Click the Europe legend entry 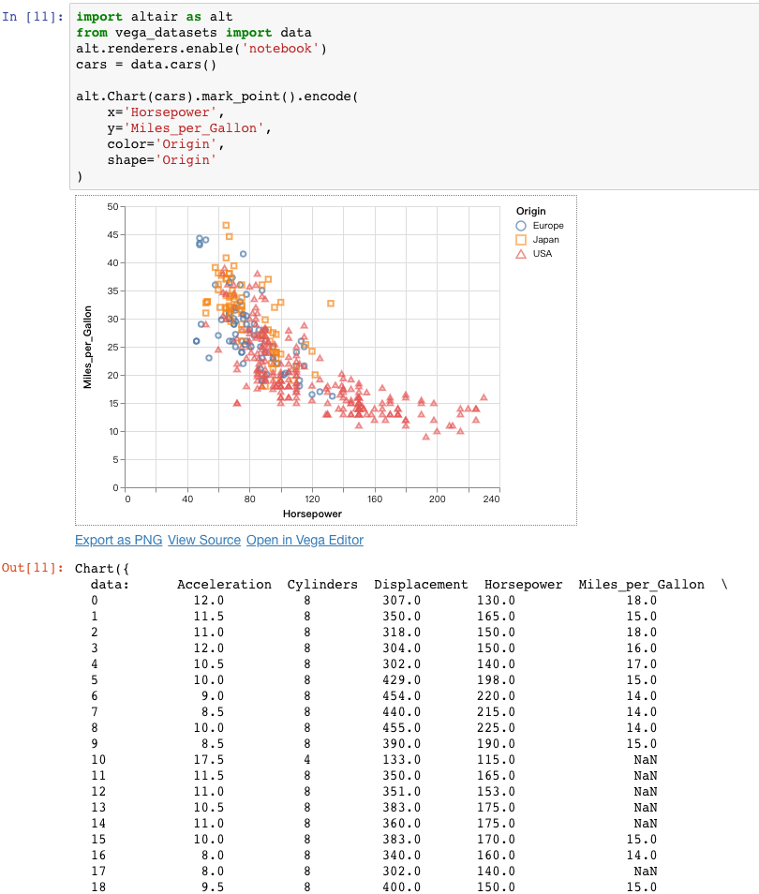(547, 226)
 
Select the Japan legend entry (545, 240)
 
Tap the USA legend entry (542, 254)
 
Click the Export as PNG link (118, 540)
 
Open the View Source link (204, 540)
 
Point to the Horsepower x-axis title (312, 514)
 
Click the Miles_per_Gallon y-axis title (87, 347)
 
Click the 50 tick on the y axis (113, 206)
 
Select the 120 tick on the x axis (312, 500)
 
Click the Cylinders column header (322, 585)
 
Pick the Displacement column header (421, 585)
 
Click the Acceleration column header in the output (224, 585)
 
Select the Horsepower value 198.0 (496, 679)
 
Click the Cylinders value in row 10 (306, 759)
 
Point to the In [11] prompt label (34, 17)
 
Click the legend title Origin (531, 211)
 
